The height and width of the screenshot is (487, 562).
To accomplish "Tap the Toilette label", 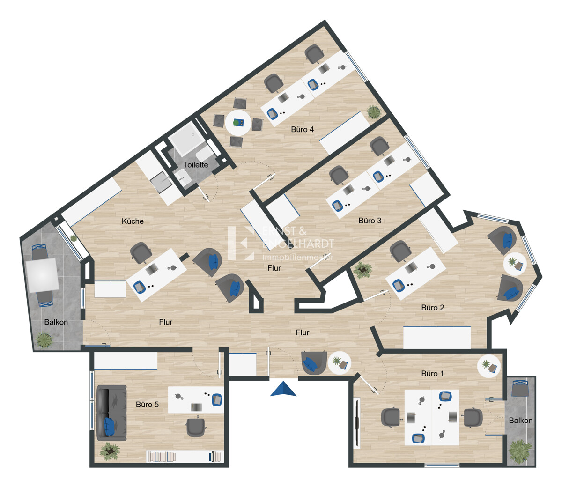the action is point(196,165).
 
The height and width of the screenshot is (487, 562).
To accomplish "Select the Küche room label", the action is point(133,221).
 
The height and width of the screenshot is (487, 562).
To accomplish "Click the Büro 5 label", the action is point(147,405).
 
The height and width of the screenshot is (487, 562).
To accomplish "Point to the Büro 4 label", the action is point(303,129).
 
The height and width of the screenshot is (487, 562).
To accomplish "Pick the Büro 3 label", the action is point(370,221).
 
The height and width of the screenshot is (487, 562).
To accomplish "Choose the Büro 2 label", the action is point(433,308).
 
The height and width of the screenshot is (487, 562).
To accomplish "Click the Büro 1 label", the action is point(433,374).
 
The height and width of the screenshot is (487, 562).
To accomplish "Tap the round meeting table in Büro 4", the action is point(238,123).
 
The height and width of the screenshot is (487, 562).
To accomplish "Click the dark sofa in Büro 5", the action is point(112,413).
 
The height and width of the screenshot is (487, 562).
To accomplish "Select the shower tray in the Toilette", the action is point(186,140).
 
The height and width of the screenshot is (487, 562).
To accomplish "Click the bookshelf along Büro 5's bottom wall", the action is point(185,457).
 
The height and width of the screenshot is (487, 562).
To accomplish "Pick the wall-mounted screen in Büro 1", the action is point(357,422).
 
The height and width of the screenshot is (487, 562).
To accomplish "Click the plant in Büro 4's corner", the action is point(373,112).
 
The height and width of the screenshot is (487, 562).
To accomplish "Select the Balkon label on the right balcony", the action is point(520,421).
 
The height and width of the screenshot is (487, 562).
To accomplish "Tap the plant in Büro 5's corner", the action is point(110,451).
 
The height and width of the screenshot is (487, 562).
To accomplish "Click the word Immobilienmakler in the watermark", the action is point(298,257).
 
